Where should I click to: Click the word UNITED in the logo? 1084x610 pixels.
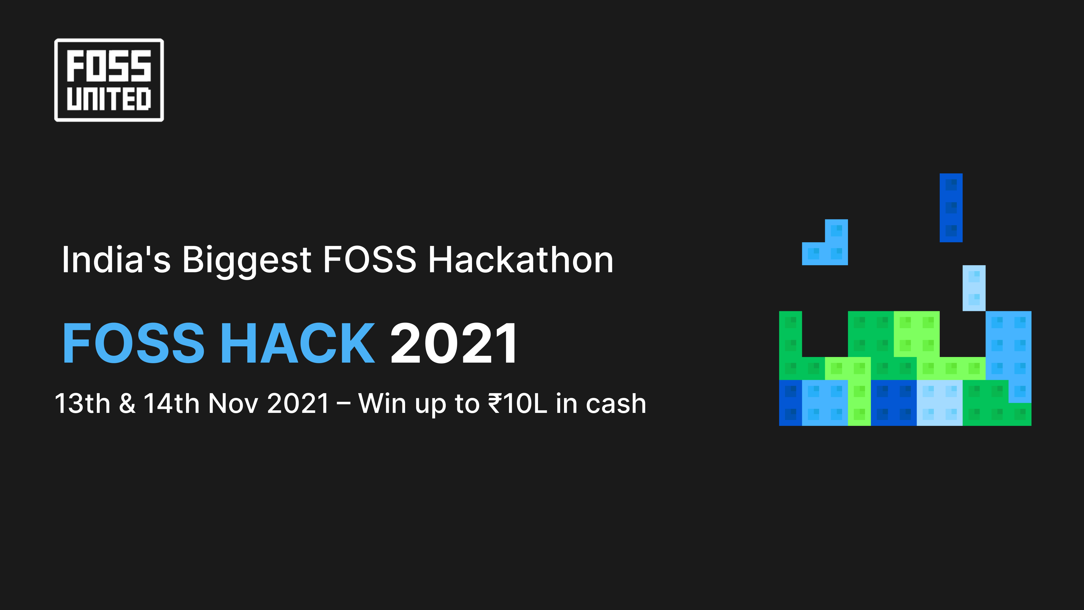point(109,99)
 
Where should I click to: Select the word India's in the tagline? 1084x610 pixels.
point(116,260)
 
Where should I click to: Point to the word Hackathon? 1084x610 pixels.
point(521,260)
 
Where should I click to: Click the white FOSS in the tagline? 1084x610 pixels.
point(370,260)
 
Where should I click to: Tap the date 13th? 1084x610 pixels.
point(82,403)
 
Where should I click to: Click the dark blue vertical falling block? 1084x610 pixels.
point(951,208)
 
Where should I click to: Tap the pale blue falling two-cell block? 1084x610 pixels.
point(974,288)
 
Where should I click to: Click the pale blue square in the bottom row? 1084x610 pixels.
point(939,403)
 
